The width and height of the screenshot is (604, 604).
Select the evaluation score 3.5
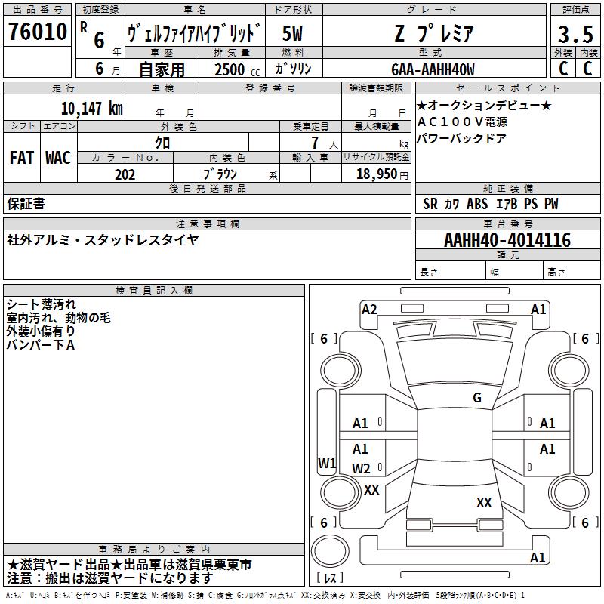[574, 34]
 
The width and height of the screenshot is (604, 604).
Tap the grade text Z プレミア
[433, 32]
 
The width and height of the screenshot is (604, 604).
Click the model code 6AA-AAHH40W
[433, 69]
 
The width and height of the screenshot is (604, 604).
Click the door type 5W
[292, 32]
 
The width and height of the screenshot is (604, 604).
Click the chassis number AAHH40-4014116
[507, 240]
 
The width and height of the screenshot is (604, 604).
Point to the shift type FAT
[22, 157]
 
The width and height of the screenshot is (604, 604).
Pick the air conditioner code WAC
[58, 157]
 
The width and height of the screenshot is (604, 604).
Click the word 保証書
[26, 204]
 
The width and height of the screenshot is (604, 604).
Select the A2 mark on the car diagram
[369, 309]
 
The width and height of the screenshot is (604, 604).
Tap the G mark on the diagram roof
[476, 398]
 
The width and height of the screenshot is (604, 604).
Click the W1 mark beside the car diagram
[327, 464]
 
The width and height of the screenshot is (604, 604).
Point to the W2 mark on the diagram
[362, 469]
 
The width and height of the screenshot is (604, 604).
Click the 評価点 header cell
[575, 10]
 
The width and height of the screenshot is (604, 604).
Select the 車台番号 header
[507, 224]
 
